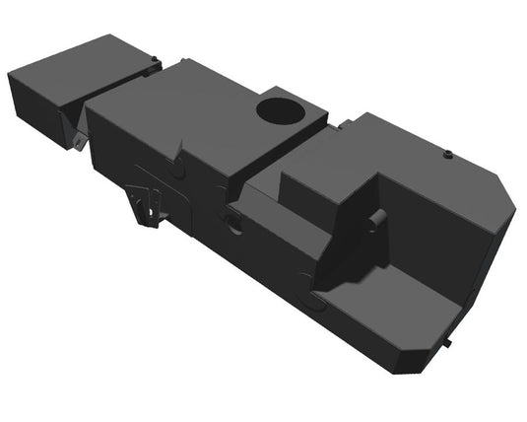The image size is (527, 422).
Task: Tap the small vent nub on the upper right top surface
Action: pos(447,154)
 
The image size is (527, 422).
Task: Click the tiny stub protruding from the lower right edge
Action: pos(447,346)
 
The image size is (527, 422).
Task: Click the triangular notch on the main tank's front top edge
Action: pos(178,154)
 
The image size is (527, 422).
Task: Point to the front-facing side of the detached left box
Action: pos(35,104)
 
